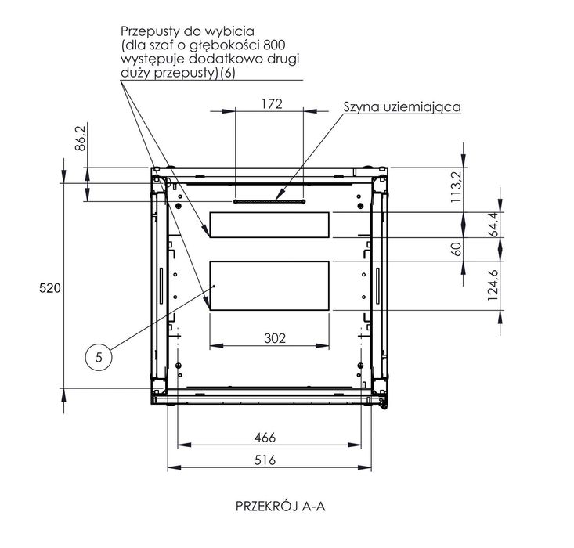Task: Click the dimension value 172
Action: click(x=270, y=103)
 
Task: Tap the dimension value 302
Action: click(x=270, y=338)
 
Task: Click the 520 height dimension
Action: click(x=50, y=288)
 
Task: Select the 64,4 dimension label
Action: click(x=493, y=225)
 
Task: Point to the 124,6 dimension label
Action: click(x=493, y=285)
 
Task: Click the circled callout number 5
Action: click(x=99, y=357)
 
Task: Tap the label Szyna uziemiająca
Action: click(x=403, y=106)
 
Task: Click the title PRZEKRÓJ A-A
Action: click(x=280, y=506)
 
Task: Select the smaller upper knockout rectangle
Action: click(x=269, y=225)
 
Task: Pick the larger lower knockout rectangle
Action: click(x=269, y=286)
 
